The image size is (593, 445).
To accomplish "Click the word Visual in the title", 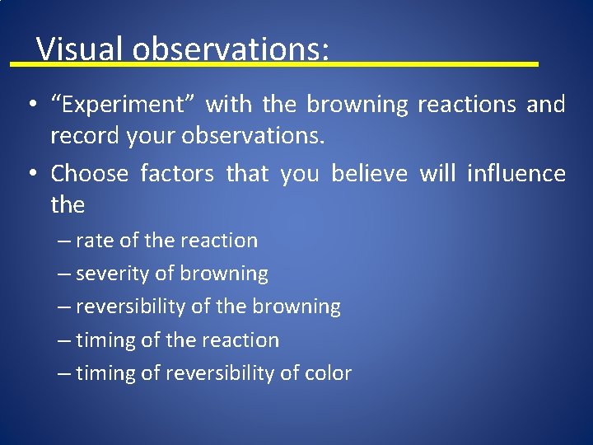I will pyautogui.click(x=81, y=49).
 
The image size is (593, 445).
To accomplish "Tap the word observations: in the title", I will pyautogui.click(x=231, y=49).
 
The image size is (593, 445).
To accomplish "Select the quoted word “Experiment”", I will pyautogui.click(x=123, y=105).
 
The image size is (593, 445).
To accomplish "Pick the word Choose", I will pyautogui.click(x=90, y=174).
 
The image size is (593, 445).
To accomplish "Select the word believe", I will pyautogui.click(x=369, y=174).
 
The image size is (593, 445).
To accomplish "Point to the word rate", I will pyautogui.click(x=95, y=241).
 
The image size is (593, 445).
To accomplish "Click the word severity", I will pyautogui.click(x=113, y=274).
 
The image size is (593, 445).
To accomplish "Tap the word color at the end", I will pyautogui.click(x=328, y=373).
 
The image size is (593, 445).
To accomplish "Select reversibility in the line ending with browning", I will pyautogui.click(x=130, y=307).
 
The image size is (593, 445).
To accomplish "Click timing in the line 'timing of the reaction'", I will pyautogui.click(x=105, y=340).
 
